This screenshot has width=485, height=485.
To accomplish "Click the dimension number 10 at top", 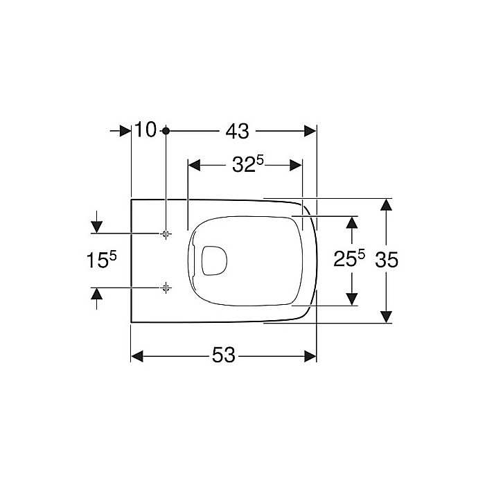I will [x=147, y=130].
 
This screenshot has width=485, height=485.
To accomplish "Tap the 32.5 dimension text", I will [x=247, y=165].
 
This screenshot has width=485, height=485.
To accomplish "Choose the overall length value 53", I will [x=224, y=355].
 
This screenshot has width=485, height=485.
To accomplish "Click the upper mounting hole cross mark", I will [x=166, y=233].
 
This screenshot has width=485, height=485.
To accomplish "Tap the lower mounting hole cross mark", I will [x=166, y=287].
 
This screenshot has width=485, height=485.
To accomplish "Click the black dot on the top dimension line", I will [x=166, y=130].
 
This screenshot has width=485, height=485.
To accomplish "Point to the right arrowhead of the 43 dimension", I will [x=310, y=130].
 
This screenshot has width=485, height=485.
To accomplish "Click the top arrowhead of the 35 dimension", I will [x=387, y=204].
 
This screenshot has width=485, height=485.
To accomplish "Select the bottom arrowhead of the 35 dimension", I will [x=387, y=317].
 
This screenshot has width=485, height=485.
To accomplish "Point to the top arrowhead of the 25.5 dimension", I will [x=352, y=222].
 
